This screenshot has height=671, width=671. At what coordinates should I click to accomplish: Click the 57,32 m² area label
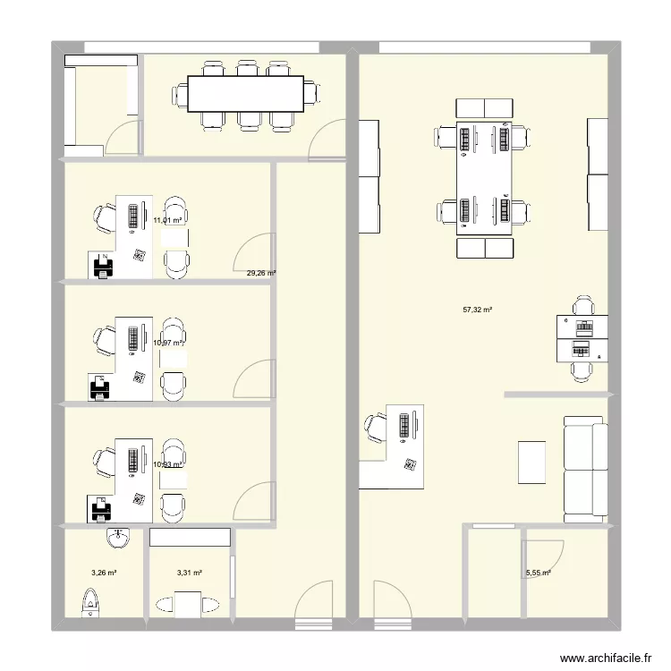(x=478, y=310)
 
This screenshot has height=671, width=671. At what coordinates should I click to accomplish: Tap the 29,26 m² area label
(x=261, y=274)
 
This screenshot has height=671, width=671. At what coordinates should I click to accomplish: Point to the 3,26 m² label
(x=105, y=573)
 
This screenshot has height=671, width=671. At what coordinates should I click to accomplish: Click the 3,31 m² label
(x=190, y=573)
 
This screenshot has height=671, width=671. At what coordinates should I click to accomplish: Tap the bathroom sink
(x=117, y=539)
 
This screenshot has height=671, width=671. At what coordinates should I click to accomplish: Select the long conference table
(x=245, y=94)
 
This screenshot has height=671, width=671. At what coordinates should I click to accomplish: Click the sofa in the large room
(x=585, y=469)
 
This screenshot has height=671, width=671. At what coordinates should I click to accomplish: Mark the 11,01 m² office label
(x=167, y=220)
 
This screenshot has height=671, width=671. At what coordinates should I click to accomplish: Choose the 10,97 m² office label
(x=167, y=343)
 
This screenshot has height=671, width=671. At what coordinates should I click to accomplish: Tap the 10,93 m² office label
(x=167, y=464)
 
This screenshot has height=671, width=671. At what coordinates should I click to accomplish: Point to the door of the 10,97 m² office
(x=253, y=380)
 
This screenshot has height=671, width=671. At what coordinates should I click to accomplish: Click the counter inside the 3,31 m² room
(x=190, y=538)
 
